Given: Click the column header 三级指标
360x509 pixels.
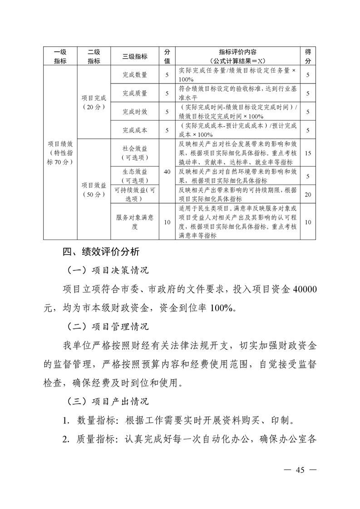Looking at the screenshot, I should [x=135, y=56].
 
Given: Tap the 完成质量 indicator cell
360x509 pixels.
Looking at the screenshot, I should [x=135, y=93].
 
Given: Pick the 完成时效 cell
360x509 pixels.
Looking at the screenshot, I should [x=135, y=112].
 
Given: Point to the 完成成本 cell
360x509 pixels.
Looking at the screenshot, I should [x=135, y=130].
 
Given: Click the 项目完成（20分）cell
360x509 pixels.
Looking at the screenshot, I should [x=94, y=102].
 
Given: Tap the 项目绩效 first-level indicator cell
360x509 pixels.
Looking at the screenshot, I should [x=60, y=152].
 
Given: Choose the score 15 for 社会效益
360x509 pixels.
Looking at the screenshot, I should [x=308, y=153].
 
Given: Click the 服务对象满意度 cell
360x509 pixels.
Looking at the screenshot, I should [x=135, y=222].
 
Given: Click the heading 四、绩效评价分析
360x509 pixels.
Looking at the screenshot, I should [x=101, y=252].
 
